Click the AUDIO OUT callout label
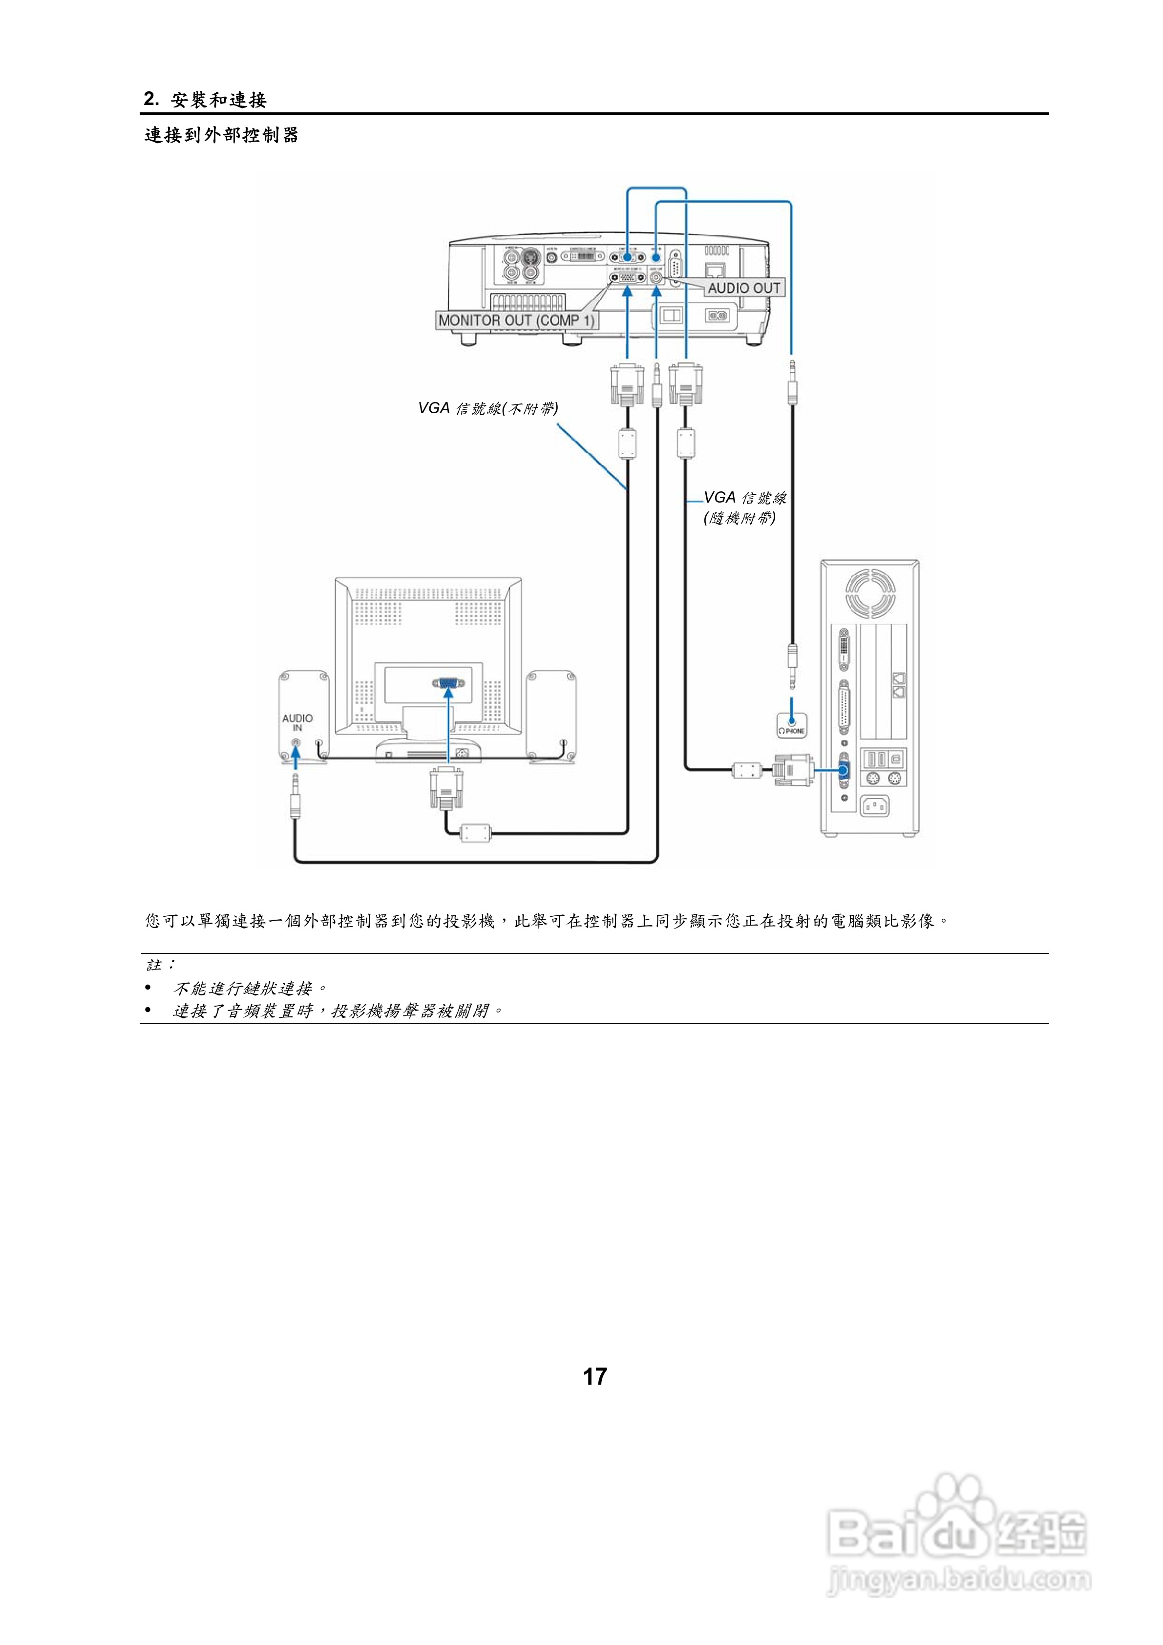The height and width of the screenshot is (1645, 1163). pyautogui.click(x=744, y=288)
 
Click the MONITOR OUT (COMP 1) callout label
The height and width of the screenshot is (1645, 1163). pyautogui.click(x=516, y=320)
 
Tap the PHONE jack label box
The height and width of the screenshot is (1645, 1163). pyautogui.click(x=791, y=726)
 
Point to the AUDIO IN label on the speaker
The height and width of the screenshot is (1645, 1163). pyautogui.click(x=297, y=722)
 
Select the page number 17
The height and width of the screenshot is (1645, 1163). pyautogui.click(x=595, y=1376)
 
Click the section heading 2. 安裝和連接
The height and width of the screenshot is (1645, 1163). pyautogui.click(x=206, y=100)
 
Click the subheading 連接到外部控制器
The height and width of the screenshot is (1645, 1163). pyautogui.click(x=221, y=135)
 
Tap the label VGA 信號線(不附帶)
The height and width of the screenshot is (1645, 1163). pyautogui.click(x=488, y=408)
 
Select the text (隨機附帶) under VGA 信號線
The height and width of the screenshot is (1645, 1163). pyautogui.click(x=740, y=518)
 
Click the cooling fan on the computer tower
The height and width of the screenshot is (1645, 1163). pyautogui.click(x=870, y=593)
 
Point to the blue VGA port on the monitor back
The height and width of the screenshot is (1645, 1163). pyautogui.click(x=448, y=683)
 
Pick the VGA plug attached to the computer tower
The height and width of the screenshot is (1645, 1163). pyautogui.click(x=793, y=770)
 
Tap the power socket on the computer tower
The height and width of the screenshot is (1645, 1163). pyautogui.click(x=874, y=807)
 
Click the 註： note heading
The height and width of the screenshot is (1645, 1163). pyautogui.click(x=161, y=965)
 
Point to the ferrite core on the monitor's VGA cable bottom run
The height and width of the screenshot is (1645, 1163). pyautogui.click(x=474, y=833)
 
